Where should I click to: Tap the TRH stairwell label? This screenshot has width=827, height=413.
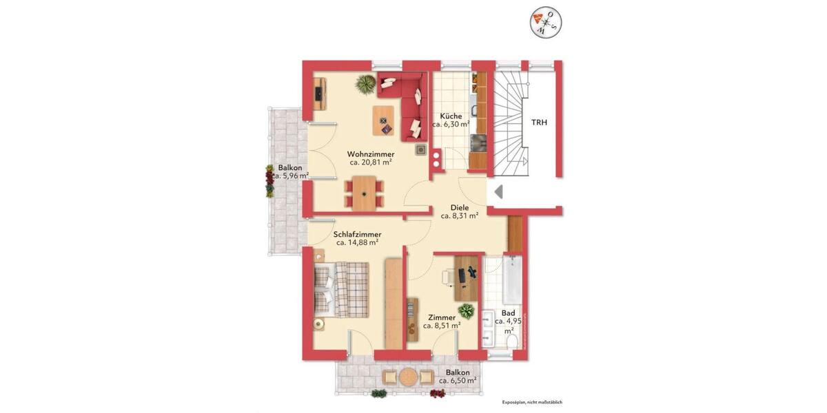pyautogui.click(x=539, y=122)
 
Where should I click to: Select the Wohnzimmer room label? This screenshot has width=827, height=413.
pyautogui.click(x=371, y=153)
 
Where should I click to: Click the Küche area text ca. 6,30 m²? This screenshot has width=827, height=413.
pyautogui.click(x=451, y=125)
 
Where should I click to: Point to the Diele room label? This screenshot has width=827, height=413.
pyautogui.click(x=460, y=206)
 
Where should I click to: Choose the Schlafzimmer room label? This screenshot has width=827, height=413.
pyautogui.click(x=357, y=234)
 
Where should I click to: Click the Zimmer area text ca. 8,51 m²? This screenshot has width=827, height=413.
pyautogui.click(x=441, y=326)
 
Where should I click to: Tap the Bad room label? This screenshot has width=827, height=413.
pyautogui.click(x=509, y=313)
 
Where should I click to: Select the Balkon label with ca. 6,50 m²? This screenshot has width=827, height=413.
pyautogui.click(x=458, y=372)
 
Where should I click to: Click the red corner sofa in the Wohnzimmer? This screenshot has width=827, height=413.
pyautogui.click(x=406, y=103)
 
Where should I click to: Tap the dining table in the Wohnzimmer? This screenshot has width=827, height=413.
pyautogui.click(x=364, y=191)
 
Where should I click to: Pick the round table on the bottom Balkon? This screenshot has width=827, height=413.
pyautogui.click(x=408, y=377)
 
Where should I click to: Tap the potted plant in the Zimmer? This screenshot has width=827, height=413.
pyautogui.click(x=467, y=311)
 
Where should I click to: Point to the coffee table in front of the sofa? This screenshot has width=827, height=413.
pyautogui.click(x=383, y=120)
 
